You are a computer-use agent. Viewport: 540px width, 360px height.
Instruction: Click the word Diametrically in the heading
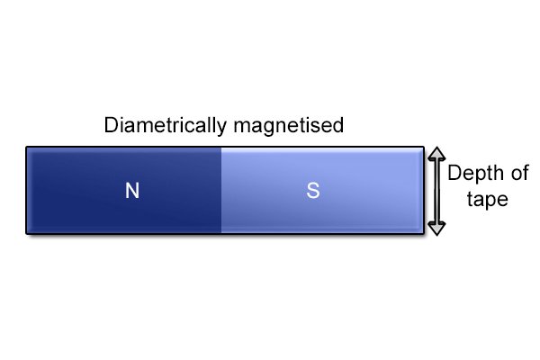pyautogui.click(x=166, y=126)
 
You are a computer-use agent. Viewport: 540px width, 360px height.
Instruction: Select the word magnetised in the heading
pyautogui.click(x=289, y=125)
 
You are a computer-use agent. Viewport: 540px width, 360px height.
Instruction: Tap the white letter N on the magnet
pyautogui.click(x=132, y=191)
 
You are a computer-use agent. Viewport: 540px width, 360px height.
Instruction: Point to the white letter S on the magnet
pyautogui.click(x=313, y=191)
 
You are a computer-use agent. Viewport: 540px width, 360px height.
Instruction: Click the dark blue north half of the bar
pyautogui.click(x=124, y=191)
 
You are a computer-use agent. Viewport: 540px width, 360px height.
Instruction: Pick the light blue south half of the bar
pyautogui.click(x=322, y=191)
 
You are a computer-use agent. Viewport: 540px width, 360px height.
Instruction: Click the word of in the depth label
pyautogui.click(x=520, y=173)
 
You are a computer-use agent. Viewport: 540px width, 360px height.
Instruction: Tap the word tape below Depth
pyautogui.click(x=487, y=200)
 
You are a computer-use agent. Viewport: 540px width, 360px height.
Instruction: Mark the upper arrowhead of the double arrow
pyautogui.click(x=436, y=154)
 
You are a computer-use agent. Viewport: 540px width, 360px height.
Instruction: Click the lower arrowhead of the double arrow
pyautogui.click(x=436, y=229)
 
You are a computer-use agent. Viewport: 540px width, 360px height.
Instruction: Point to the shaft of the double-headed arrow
pyautogui.click(x=436, y=191)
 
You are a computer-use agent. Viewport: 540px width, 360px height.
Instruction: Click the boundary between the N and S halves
pyautogui.click(x=221, y=191)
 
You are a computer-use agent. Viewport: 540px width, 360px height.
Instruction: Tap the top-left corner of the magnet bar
pyautogui.click(x=26, y=147)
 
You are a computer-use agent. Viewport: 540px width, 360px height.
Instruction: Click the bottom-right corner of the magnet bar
pyautogui.click(x=424, y=234)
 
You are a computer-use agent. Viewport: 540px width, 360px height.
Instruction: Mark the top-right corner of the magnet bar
pyautogui.click(x=424, y=147)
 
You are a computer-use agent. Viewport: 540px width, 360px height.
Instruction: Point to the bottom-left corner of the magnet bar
pyautogui.click(x=26, y=234)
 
